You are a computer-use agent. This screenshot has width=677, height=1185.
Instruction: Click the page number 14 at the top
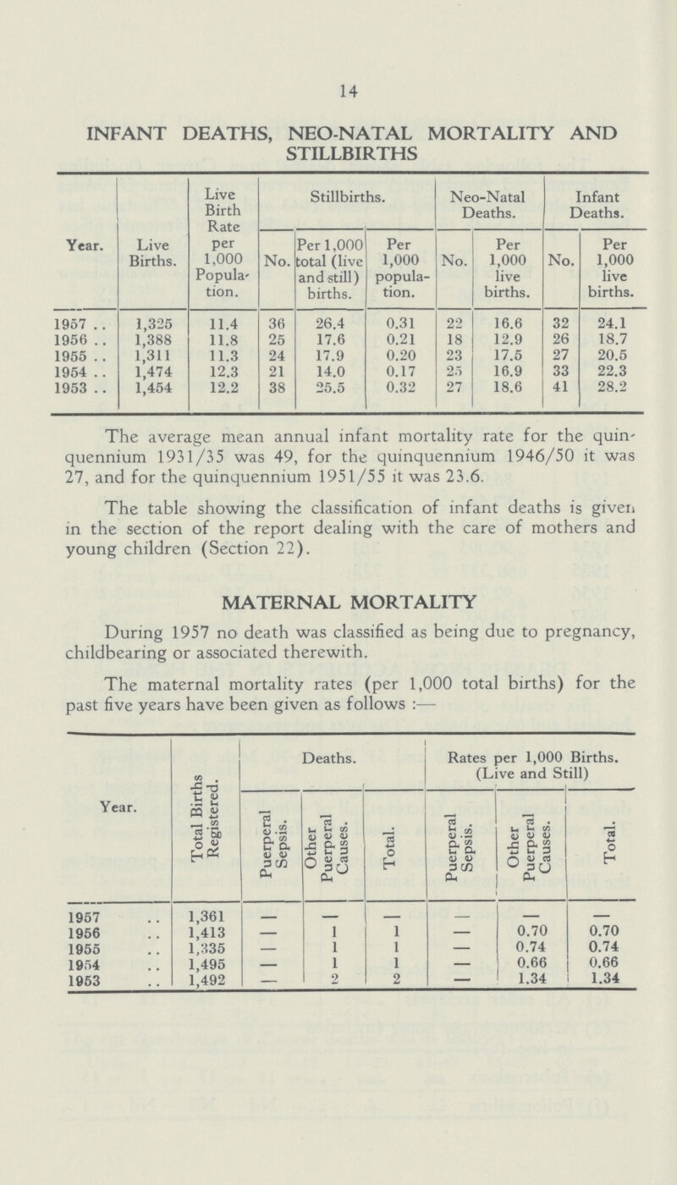click(338, 82)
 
